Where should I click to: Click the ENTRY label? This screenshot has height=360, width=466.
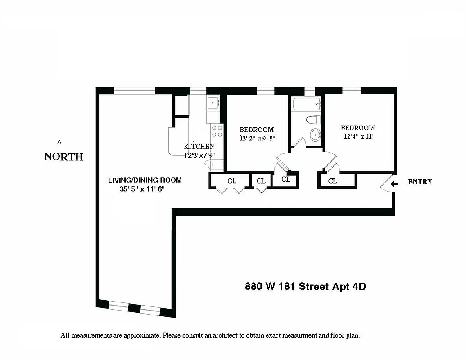pos(420,182)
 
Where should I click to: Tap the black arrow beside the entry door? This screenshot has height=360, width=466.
pos(394,184)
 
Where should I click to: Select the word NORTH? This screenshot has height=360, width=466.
pos(63,157)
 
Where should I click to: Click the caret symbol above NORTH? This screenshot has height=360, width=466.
pos(59,143)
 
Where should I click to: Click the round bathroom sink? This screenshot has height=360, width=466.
pos(316,135)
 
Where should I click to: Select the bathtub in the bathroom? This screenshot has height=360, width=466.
pos(307,104)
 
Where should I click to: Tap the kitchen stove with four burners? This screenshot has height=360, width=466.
pos(217,131)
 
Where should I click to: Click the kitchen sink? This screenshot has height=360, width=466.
pos(214,103)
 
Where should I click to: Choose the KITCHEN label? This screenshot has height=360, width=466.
pos(199,147)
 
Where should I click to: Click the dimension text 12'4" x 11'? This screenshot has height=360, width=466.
pos(357,136)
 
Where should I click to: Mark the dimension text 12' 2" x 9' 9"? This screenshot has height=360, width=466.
pos(257,139)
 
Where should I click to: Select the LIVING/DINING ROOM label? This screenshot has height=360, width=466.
pos(145,180)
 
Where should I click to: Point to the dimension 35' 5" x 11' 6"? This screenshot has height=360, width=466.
pos(142,189)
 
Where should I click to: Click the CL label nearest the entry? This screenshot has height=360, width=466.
pos(332,181)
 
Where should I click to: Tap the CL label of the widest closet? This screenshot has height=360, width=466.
pos(231,181)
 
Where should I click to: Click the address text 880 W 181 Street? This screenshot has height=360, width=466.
pos(287,286)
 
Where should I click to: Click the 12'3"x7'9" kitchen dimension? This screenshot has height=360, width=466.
pos(199,155)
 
